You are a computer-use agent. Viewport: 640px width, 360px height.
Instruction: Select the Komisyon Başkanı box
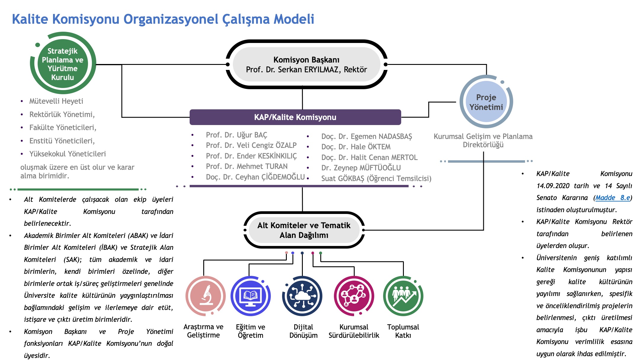[306, 64]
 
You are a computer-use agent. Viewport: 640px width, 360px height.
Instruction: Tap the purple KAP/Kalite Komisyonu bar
[295, 117]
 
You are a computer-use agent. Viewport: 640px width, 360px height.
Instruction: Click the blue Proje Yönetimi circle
[486, 102]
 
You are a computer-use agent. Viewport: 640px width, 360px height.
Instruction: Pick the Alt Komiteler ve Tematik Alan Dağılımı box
[304, 230]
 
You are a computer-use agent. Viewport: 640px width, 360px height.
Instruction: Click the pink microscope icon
[206, 296]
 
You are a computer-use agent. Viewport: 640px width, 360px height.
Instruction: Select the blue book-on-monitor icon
[251, 296]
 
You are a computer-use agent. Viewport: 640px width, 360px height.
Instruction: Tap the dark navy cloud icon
[302, 296]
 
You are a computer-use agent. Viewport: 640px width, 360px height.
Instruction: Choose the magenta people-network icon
[354, 296]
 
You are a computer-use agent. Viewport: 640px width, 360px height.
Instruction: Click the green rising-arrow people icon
[403, 296]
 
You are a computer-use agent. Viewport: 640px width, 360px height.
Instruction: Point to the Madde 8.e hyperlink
[613, 198]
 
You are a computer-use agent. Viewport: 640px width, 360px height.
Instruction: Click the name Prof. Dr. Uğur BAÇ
[236, 135]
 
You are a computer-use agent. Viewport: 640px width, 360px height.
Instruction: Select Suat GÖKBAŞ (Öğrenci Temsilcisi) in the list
[376, 178]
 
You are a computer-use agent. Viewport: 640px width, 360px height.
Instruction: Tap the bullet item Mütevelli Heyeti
[56, 101]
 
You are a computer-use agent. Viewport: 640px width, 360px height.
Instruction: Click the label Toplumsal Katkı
[403, 331]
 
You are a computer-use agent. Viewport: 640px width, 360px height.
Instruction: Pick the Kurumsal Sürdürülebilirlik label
[354, 331]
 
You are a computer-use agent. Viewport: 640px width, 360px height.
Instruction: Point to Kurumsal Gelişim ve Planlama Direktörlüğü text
[483, 140]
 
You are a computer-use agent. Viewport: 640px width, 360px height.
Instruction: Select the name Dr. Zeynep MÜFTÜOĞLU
[361, 168]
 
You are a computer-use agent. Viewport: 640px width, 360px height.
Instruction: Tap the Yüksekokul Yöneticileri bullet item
[68, 154]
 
